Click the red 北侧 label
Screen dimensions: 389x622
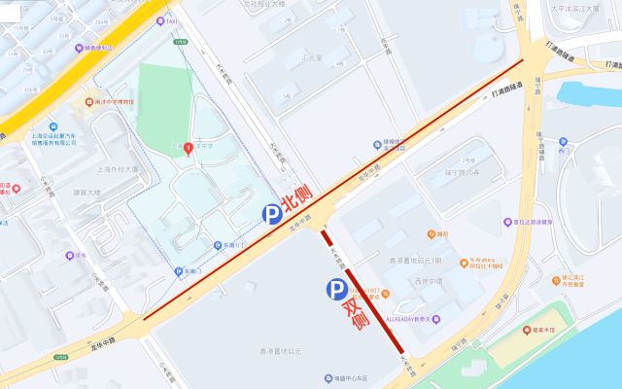(x=296, y=200)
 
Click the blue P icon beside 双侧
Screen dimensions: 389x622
(x=333, y=289)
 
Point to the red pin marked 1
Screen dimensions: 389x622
(x=189, y=149)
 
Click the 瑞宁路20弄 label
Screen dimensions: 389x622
(x=460, y=172)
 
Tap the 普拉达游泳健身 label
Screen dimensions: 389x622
(x=534, y=221)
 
